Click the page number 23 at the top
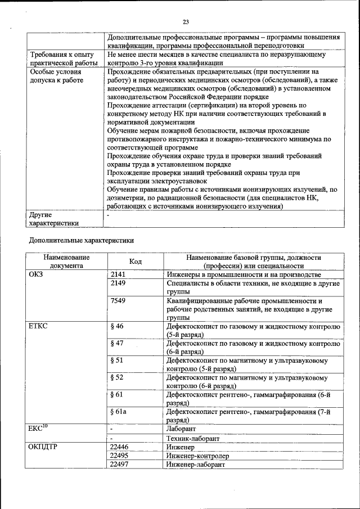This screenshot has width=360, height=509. click(185, 22)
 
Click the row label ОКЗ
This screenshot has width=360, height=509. click(36, 275)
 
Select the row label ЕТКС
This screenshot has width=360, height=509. click(38, 326)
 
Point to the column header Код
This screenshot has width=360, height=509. click(135, 262)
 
